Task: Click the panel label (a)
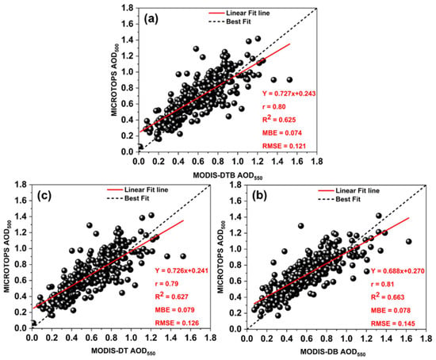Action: point(151,19)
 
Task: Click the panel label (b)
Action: point(259,196)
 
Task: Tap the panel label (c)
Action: point(44,196)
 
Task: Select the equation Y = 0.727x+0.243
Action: point(289,94)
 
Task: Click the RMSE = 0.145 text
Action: point(392,324)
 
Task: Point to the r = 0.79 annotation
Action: point(166,284)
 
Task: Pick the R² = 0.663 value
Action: point(388,297)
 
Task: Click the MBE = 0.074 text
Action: point(282,133)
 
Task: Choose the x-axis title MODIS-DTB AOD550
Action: point(228,176)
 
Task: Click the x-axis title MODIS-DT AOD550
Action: point(123,351)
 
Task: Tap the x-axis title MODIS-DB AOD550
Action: point(333,352)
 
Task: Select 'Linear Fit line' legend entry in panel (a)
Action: point(239,13)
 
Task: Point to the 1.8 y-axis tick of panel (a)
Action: point(128,8)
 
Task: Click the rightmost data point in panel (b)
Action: point(408,242)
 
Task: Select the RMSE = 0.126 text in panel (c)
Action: point(177,323)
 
